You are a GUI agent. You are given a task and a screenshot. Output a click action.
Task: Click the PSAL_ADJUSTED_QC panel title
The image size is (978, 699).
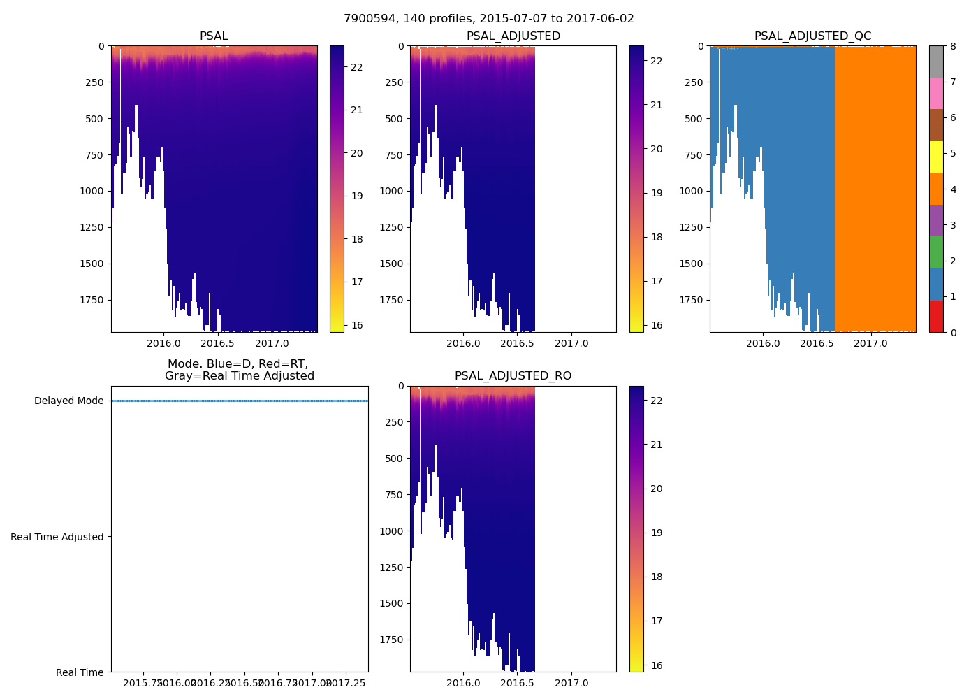[x=812, y=36]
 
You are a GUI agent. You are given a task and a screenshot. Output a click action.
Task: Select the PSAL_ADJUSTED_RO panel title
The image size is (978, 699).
[x=513, y=376]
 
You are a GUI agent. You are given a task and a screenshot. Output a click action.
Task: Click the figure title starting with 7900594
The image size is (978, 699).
[x=489, y=19]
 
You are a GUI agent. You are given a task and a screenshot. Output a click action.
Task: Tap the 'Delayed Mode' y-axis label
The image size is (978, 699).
[x=68, y=401]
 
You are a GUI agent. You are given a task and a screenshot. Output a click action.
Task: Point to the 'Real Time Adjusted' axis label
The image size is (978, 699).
[x=57, y=537]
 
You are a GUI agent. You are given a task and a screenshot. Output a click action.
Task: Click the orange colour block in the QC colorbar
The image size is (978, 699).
[x=936, y=189]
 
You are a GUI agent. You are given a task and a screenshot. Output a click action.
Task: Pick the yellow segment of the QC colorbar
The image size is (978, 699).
[x=936, y=157]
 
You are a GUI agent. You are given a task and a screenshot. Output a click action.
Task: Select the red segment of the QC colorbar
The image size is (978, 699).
[x=936, y=317]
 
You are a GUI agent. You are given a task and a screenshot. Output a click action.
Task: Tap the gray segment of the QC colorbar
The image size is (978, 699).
[x=936, y=62]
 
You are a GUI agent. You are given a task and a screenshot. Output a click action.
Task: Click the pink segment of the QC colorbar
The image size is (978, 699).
[x=936, y=93]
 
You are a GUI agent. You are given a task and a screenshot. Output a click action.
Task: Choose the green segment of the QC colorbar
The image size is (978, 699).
[x=936, y=252]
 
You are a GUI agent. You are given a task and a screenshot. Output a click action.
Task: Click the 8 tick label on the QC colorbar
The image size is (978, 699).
[x=952, y=46]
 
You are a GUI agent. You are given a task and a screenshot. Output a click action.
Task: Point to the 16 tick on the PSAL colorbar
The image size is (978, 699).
[x=356, y=326]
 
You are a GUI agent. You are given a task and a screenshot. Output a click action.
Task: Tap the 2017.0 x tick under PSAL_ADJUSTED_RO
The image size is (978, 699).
[x=571, y=683]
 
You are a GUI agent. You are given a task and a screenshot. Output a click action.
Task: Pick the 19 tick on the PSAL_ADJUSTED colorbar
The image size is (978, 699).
[x=656, y=193]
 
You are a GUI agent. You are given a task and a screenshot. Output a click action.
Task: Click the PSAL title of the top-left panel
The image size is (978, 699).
[x=214, y=36]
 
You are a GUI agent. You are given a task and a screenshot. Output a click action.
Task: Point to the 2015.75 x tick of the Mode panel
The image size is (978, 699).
[x=143, y=683]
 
